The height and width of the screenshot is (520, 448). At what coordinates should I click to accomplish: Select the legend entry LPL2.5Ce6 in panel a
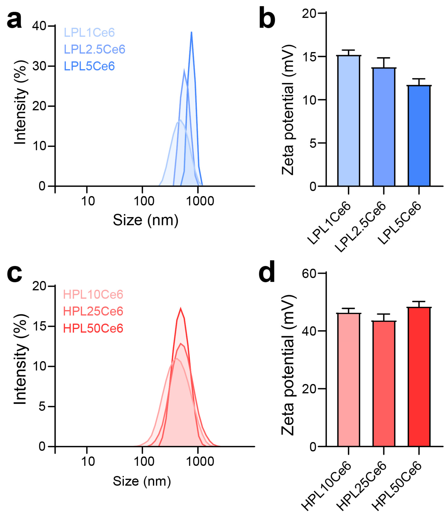tap(95, 50)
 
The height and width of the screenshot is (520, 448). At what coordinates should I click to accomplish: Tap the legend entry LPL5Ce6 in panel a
tap(89, 66)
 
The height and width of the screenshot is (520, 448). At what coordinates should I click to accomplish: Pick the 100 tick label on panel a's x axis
tap(144, 201)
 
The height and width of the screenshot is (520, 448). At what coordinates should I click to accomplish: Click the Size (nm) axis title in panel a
tap(145, 220)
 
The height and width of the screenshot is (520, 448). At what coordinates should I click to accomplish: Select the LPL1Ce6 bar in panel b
tap(348, 121)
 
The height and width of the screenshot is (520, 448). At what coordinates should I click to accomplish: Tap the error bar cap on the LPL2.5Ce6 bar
tap(383, 58)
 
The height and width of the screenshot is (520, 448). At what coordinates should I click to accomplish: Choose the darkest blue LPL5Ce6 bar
tap(419, 135)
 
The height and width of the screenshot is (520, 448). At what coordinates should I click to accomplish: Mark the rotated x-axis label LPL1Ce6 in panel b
tap(329, 223)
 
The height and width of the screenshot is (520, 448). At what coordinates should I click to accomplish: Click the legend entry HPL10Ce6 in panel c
tap(93, 294)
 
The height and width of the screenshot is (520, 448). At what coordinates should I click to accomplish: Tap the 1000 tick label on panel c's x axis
tap(200, 462)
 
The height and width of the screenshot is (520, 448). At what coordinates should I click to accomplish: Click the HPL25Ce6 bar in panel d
tap(383, 384)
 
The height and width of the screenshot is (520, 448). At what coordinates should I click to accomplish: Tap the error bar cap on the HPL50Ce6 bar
tap(419, 301)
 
